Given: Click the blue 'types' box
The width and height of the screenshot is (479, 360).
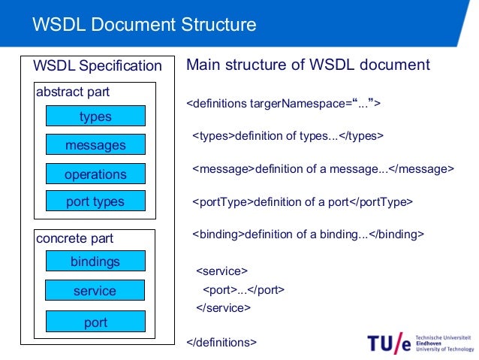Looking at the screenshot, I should coord(95,116).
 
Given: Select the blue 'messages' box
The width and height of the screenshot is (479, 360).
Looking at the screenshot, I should coord(95,145).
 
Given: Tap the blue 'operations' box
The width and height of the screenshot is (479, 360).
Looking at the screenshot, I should coord(95,174).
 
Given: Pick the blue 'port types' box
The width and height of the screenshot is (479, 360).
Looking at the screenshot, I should coord(95,201).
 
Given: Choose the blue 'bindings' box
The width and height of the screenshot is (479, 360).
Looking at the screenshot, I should coord(95,262).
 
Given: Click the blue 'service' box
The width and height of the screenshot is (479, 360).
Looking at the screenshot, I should coord(95,291).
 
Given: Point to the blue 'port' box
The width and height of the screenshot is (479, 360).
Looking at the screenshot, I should coord(95,322).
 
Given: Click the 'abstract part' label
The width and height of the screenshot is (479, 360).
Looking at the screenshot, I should coord(73,92).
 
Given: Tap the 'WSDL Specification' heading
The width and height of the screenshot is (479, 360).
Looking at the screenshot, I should coord(97,66).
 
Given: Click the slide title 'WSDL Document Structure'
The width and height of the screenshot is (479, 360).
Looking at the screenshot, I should coord(144,25).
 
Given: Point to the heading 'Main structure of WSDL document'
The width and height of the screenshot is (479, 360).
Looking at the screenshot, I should coord(308,65).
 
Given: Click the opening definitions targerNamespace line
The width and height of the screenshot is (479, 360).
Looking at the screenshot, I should coord(283,103).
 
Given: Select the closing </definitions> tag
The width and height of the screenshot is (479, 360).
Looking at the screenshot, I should coord(221,342).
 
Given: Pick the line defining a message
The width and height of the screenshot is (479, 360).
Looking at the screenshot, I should coord(323,169).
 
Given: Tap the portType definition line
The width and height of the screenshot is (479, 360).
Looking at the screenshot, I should coord(303,201).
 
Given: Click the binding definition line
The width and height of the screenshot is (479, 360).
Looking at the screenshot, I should coord(308,234).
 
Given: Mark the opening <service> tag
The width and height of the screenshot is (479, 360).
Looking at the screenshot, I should coord(221,271).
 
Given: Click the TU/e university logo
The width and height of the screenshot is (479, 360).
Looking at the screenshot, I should coord(420,343).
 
